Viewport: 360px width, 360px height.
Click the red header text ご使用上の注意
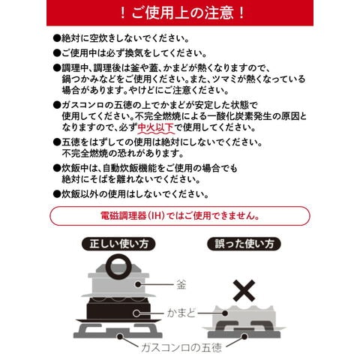pos(182,13)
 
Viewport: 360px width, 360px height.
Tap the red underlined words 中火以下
pos(155,127)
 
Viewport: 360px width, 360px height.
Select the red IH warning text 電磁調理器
pos(123,215)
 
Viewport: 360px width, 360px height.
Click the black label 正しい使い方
pos(118,244)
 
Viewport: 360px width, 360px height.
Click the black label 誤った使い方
pos(244,244)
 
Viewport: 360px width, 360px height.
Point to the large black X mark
pos(244,291)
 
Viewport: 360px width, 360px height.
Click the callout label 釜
pos(181,284)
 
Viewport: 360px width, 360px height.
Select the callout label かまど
pos(181,313)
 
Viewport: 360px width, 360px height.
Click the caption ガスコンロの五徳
pos(181,347)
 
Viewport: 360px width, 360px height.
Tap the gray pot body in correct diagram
pos(118,285)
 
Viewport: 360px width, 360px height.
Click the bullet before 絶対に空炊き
pos(57,39)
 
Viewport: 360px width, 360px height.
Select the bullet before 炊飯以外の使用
pos(57,194)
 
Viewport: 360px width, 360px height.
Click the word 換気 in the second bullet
pos(127,53)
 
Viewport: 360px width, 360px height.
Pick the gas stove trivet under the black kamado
pos(118,331)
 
